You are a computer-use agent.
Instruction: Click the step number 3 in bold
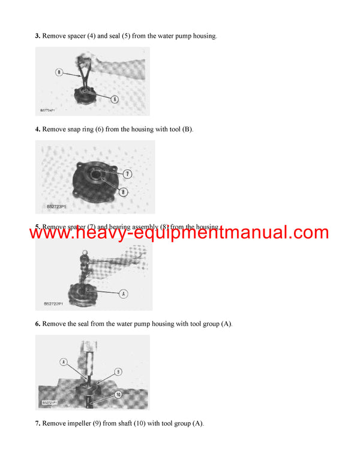37,36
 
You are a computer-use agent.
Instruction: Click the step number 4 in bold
37,129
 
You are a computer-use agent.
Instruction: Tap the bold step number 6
37,324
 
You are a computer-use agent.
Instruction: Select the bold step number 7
37,423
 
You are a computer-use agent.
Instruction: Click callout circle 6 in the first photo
114,99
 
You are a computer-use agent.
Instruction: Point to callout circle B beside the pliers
59,72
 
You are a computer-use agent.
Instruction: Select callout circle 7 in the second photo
127,174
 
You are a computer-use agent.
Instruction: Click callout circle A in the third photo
124,294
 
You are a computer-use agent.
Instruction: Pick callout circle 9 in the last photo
119,372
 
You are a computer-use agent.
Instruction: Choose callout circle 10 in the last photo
118,395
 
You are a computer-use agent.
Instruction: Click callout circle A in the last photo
64,362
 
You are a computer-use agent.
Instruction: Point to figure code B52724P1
48,110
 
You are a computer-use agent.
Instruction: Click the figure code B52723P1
59,206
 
